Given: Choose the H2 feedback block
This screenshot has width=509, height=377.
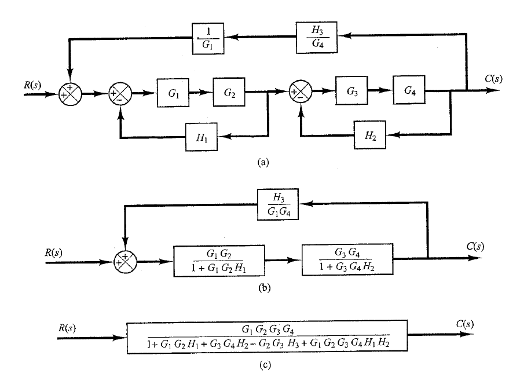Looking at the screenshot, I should [371, 137].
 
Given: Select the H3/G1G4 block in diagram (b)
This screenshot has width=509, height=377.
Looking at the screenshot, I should [276, 203].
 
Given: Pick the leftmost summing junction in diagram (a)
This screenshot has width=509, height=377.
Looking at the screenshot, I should [71, 92].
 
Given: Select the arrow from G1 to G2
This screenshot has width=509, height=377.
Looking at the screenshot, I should [202, 92].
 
